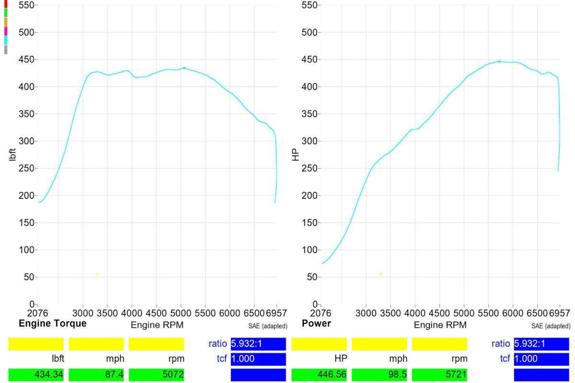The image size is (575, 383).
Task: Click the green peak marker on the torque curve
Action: pos(184,68)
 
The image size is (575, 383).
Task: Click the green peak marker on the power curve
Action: pos(499,61)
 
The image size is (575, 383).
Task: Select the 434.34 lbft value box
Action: pos(36,374)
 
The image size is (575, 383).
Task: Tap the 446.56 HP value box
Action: pos(319,374)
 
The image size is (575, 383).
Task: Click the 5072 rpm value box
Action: pos(156,374)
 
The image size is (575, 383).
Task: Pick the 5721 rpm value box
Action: pos(439,374)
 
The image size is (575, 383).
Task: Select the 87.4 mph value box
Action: pos(96,374)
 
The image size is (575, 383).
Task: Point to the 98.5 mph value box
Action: pos(379,374)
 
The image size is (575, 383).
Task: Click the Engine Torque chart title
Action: pos(53,324)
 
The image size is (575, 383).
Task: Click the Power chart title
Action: pos(316,324)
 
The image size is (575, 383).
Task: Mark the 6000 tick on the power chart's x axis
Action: pos(513,314)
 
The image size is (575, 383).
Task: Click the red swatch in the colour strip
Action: pos(6,3)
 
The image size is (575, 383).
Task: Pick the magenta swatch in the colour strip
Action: pos(6,32)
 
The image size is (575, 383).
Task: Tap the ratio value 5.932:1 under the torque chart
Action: pos(258,344)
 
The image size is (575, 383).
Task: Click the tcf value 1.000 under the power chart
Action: pos(541,359)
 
